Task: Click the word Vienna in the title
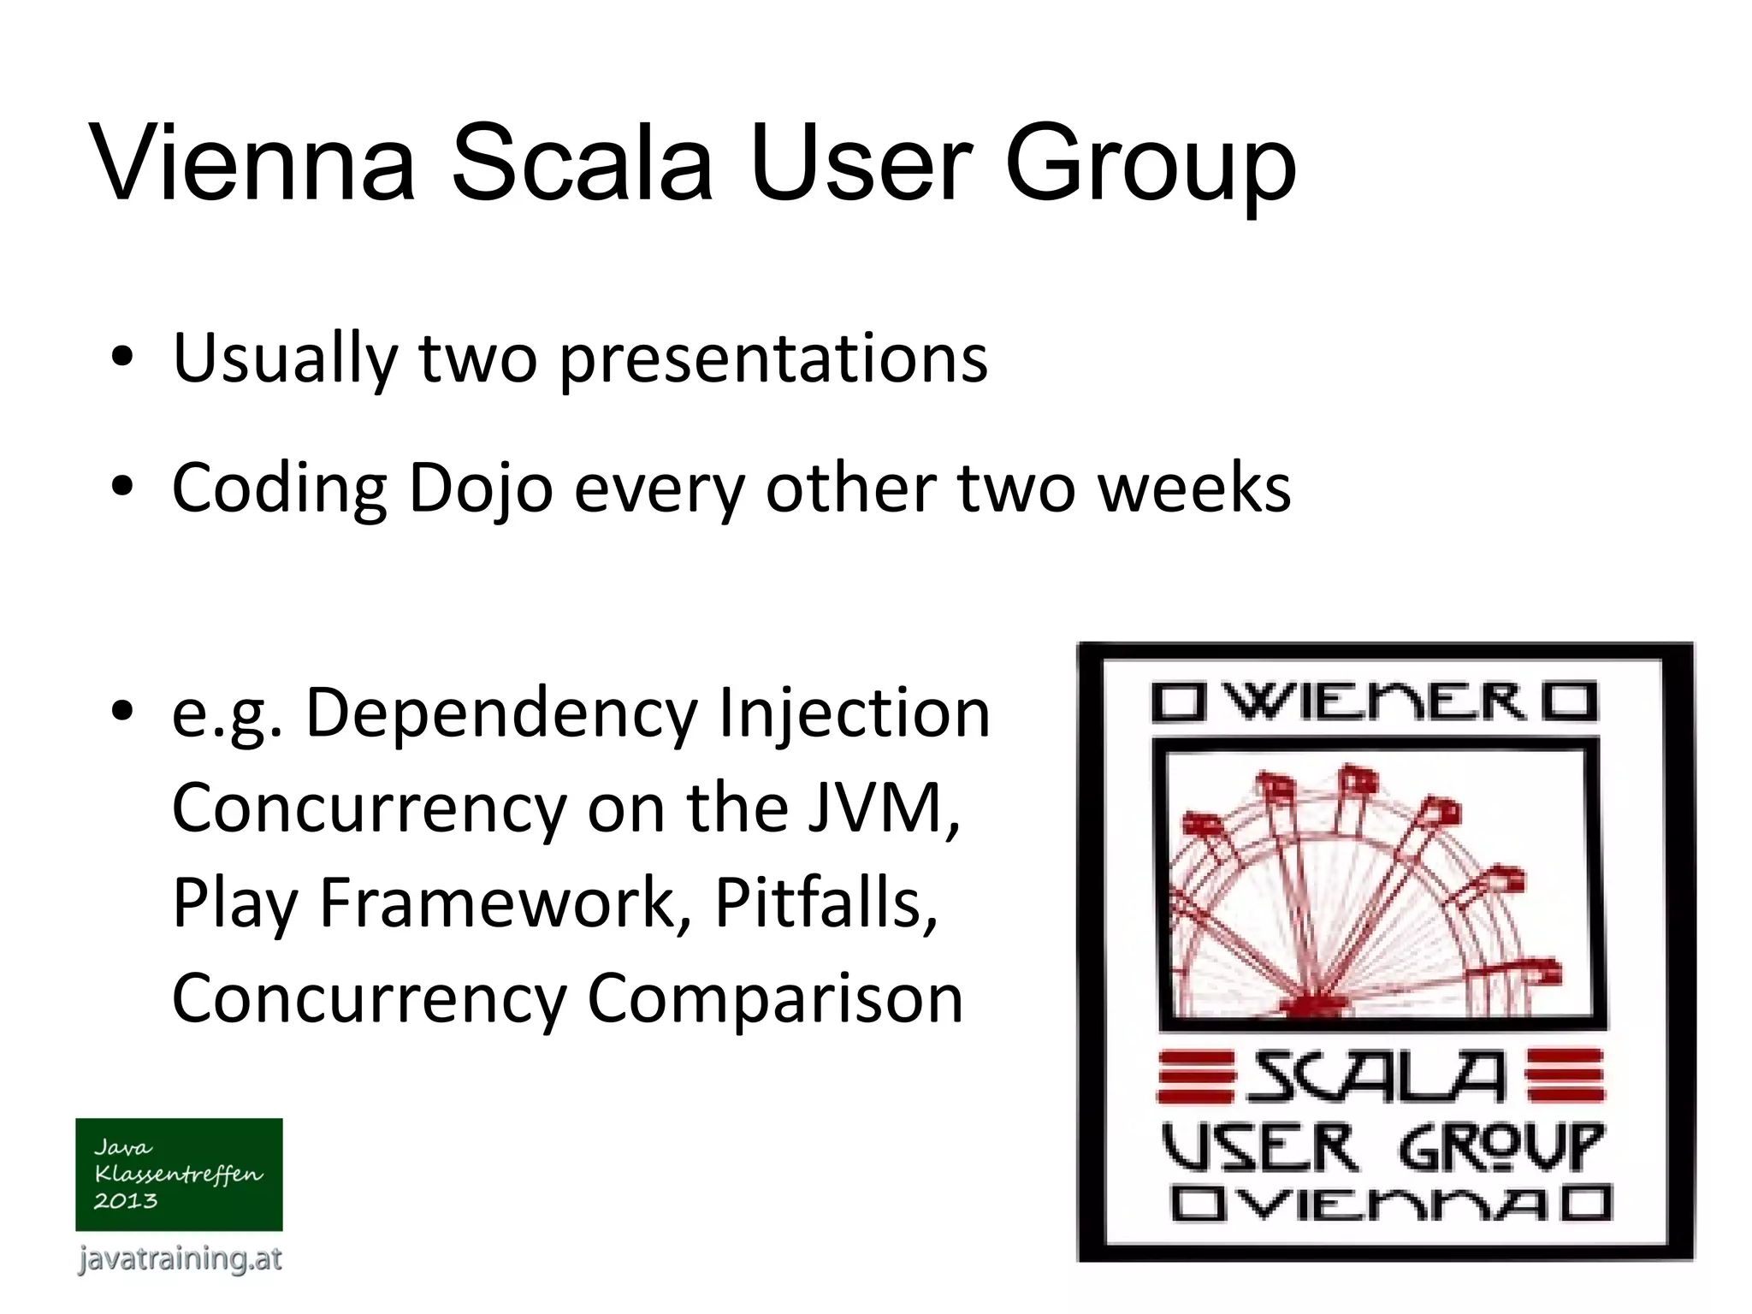(252, 163)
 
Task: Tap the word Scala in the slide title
(582, 163)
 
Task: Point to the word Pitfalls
(826, 903)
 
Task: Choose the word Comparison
(775, 998)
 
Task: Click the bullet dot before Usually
(122, 358)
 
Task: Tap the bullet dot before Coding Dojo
(122, 488)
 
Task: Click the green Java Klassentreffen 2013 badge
(179, 1174)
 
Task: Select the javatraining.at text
(180, 1259)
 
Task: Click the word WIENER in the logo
(1376, 702)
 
